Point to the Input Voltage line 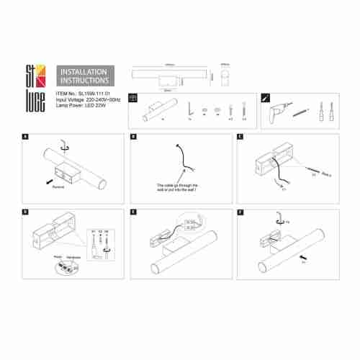(x=86, y=99)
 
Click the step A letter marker (x=26, y=135)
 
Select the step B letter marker (x=134, y=135)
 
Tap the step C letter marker (x=240, y=135)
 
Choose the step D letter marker (x=26, y=212)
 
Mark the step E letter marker (x=134, y=212)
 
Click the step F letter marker (x=240, y=212)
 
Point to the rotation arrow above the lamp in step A (x=66, y=144)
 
